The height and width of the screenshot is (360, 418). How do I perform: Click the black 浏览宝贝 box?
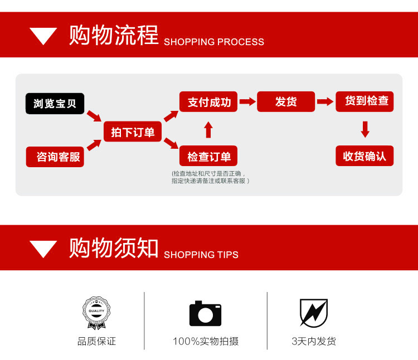tap(55, 104)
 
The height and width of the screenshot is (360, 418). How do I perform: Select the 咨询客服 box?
tap(55, 157)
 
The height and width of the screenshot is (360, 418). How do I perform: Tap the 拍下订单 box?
tap(132, 132)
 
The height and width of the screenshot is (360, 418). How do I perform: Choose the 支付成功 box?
tap(209, 101)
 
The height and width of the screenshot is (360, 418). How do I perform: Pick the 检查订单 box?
tap(209, 156)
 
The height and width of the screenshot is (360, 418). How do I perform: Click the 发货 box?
tap(286, 101)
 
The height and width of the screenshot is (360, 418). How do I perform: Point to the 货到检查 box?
tap(365, 101)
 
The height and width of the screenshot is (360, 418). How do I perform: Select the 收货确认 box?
tap(365, 156)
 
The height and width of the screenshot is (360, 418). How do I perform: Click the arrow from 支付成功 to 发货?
tap(247, 102)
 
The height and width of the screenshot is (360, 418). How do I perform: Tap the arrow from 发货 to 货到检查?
tap(325, 102)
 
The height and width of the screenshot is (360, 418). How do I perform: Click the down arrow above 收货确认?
tap(365, 129)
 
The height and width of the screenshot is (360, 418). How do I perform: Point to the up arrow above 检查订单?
tap(208, 130)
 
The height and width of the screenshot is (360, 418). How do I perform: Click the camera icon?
tap(205, 313)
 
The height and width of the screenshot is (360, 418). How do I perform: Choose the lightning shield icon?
tap(313, 313)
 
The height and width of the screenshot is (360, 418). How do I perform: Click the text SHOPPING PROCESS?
tap(214, 42)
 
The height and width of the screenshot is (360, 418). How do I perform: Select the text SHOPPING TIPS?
tap(201, 255)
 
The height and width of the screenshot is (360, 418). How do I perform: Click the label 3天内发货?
tap(314, 341)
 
